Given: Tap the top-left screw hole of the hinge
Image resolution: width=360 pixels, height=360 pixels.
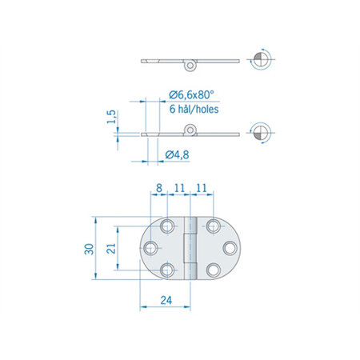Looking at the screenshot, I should point(167,226).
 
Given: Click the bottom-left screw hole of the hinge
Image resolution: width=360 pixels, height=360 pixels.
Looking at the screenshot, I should point(167,270).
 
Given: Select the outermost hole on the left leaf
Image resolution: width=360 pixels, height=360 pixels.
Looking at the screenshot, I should point(151,248).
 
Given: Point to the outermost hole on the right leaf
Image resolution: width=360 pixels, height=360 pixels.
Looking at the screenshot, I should point(229,248).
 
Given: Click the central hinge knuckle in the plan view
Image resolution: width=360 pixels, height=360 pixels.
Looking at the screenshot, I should point(190,248).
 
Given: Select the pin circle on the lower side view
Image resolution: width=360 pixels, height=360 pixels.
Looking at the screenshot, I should point(190,130).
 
